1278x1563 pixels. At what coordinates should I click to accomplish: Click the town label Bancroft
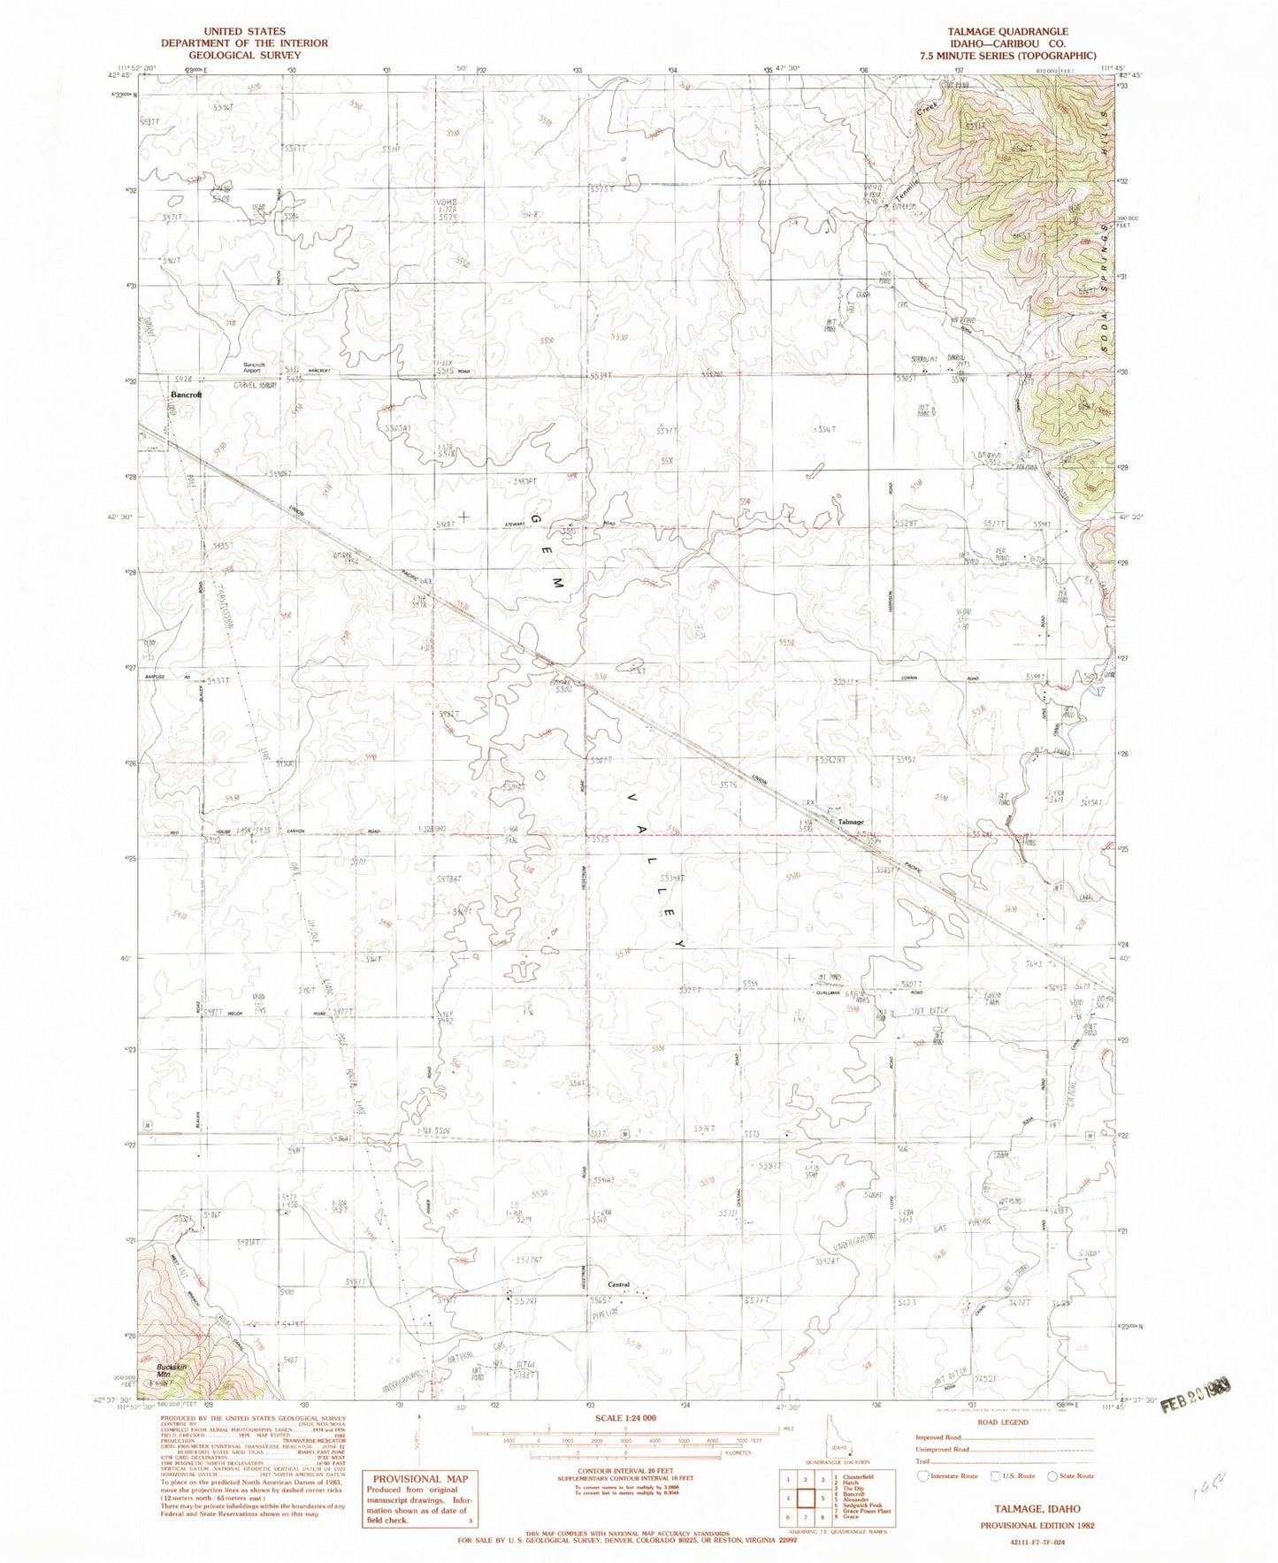[x=187, y=395]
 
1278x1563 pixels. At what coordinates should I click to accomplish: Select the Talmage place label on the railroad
[x=851, y=822]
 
